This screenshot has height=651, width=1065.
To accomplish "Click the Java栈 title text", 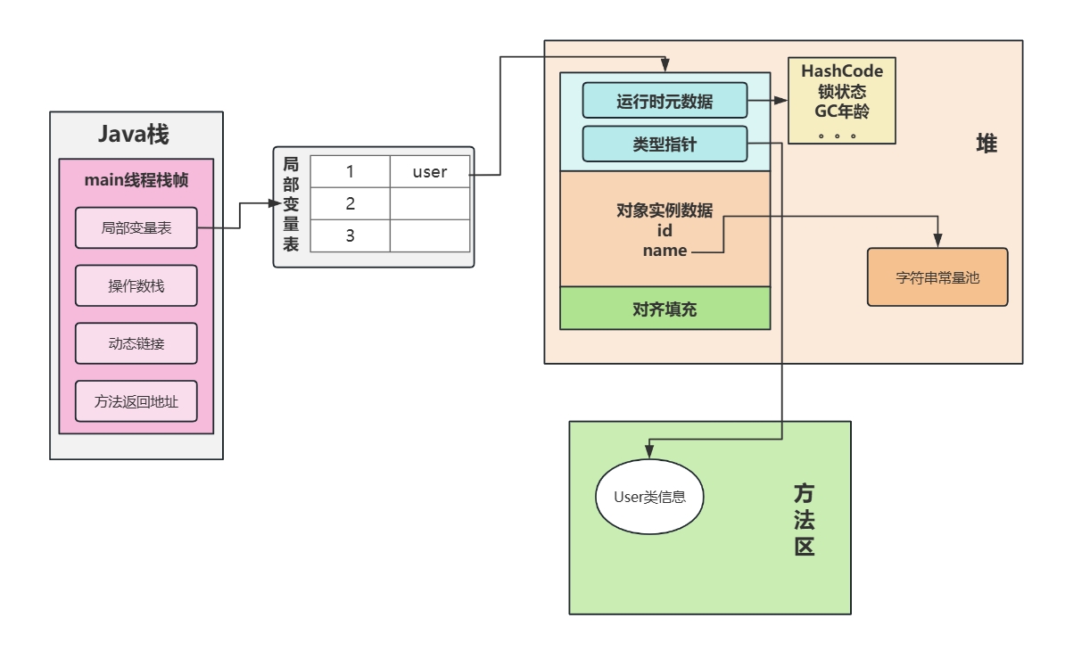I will point(134,136).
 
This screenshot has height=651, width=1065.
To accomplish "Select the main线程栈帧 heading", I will point(136,179).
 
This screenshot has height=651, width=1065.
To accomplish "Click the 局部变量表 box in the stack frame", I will point(136,228).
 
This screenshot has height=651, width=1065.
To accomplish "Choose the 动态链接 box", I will point(136,343).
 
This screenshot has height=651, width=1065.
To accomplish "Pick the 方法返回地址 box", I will point(136,401).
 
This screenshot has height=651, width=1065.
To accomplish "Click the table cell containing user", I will point(430,172).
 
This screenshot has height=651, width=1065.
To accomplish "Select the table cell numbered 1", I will point(351,172).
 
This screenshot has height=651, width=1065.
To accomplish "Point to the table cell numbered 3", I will point(351,235).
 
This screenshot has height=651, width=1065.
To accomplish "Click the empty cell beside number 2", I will point(430,203).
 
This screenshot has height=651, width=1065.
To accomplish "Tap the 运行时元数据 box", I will point(664,101).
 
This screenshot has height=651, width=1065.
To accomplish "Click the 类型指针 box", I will point(664,144).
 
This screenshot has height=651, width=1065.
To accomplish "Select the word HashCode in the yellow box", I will point(842,71).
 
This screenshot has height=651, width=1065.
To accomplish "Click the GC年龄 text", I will point(842,111).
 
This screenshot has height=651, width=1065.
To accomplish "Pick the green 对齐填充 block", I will point(665,309).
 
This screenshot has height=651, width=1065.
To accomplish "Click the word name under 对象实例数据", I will point(665,251).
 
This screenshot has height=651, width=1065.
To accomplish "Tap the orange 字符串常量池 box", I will point(937,277).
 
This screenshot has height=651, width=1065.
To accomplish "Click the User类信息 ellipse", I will point(649,497).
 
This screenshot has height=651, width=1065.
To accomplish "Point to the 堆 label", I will point(986,144).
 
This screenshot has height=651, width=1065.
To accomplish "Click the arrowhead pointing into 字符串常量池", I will point(937,242).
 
